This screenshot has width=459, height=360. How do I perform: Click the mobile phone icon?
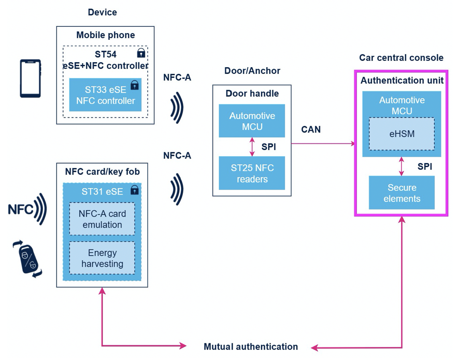[x=30, y=79]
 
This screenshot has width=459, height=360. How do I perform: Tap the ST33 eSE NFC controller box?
[x=105, y=95]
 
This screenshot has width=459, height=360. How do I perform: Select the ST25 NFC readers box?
[x=252, y=173]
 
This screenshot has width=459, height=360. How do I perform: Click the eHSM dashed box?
[x=402, y=134]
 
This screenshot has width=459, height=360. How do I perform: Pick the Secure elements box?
[x=402, y=193]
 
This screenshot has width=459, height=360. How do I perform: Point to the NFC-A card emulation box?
[x=102, y=219]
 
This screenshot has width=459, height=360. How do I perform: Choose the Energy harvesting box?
[x=102, y=258]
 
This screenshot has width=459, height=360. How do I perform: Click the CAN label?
[x=311, y=129]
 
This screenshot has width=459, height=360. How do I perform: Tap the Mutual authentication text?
[x=251, y=347]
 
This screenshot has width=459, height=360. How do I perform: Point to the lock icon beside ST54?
[x=141, y=53]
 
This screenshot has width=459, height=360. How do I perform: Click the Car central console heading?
[x=401, y=58]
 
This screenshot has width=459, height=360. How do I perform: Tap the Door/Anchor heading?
[x=252, y=71]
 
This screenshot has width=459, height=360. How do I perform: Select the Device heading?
[x=102, y=12]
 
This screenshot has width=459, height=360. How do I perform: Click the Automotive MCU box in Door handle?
[x=252, y=121]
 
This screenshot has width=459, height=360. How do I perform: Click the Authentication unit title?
[x=402, y=81]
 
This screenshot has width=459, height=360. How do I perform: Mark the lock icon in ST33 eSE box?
[x=134, y=85]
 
